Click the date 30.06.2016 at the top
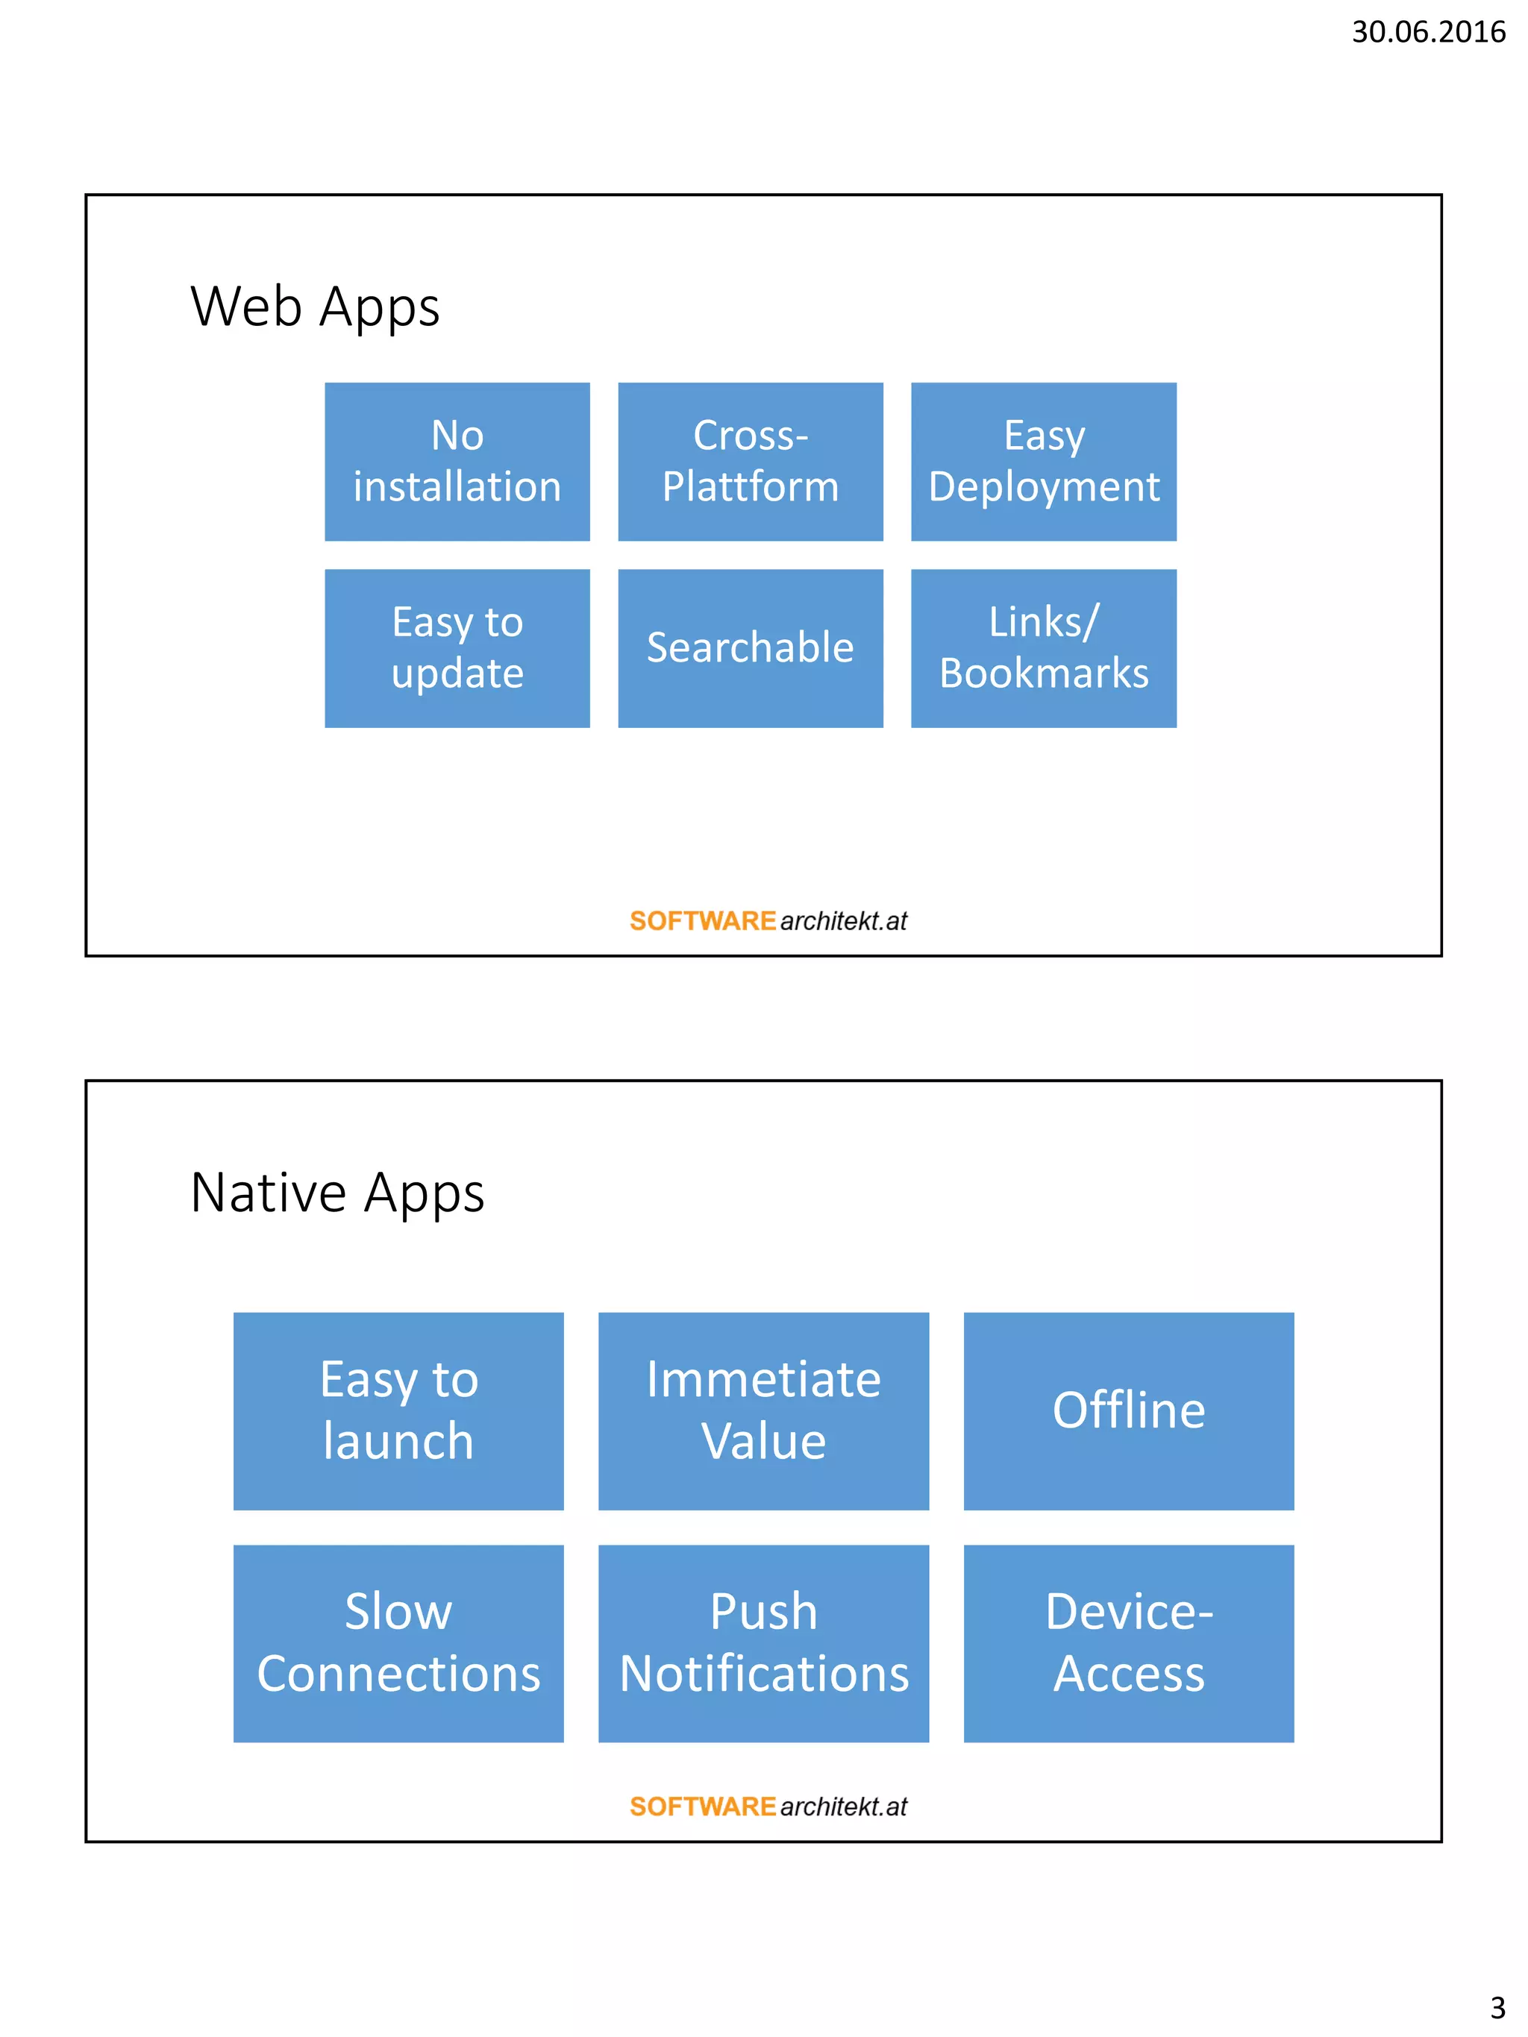1427,32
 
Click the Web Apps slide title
315,307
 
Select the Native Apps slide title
337,1193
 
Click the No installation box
457,462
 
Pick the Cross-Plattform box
750,462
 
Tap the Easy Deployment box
1044,462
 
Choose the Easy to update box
457,648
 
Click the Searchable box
750,648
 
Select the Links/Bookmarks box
1044,648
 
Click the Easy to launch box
398,1410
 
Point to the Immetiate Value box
763,1410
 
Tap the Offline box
1128,1410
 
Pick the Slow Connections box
398,1643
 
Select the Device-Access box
1128,1643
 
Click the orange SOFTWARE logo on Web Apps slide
703,921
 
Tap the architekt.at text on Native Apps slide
843,1807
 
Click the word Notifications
763,1675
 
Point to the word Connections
398,1675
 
